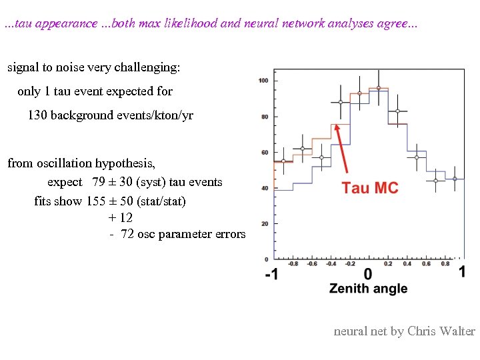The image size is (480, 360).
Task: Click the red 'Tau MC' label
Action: coord(370,188)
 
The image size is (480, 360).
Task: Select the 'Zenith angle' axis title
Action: coord(368,289)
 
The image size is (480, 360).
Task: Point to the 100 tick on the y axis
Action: coord(263,81)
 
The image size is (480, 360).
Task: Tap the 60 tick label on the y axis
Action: coord(265,153)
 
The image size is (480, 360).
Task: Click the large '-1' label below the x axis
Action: coord(272,274)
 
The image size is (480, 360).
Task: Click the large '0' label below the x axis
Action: coord(368,274)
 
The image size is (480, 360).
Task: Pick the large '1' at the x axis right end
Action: coord(462,271)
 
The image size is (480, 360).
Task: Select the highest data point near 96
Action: coord(379,88)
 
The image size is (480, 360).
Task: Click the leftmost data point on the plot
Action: coord(283,161)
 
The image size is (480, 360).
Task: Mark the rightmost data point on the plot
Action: coord(455,178)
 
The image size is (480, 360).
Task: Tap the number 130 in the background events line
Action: coord(37,115)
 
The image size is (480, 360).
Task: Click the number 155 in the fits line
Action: coord(96,201)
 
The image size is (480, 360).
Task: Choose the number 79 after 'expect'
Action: coord(99,182)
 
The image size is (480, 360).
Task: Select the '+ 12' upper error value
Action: coord(120,217)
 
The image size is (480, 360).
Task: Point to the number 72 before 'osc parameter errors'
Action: coord(127,234)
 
